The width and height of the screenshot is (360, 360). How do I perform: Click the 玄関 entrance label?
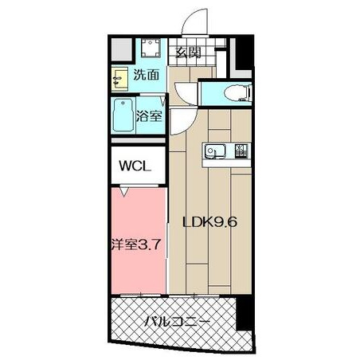(x=188, y=53)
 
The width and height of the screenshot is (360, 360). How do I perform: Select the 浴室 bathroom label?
(x=149, y=115)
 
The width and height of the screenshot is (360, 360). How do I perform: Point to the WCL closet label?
(x=135, y=166)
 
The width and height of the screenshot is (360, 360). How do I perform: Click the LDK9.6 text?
(x=209, y=222)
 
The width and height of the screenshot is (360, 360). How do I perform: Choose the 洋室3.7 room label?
(x=136, y=245)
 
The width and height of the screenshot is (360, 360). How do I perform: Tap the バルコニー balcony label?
(x=177, y=322)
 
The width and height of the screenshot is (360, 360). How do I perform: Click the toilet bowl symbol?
(x=237, y=93)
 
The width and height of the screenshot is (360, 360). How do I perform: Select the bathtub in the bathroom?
(x=123, y=115)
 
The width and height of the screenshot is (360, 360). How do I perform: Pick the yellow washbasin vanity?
(x=119, y=78)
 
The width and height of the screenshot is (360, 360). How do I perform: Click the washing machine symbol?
(x=151, y=48)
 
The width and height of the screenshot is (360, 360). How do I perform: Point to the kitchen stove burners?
(x=241, y=151)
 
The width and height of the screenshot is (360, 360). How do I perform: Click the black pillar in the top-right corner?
(x=244, y=53)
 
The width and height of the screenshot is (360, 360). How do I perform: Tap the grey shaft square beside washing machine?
(x=122, y=49)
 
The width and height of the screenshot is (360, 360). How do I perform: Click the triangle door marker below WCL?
(x=124, y=192)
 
